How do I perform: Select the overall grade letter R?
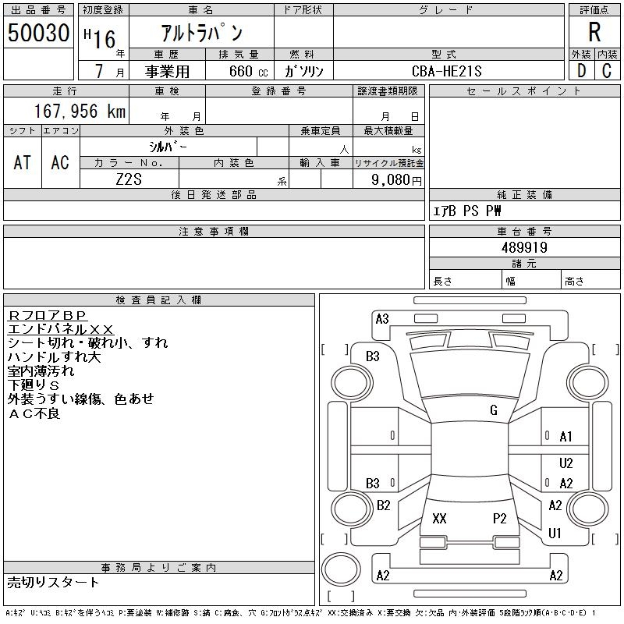[594, 33]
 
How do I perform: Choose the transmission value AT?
[23, 162]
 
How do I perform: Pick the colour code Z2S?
[129, 179]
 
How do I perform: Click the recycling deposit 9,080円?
[397, 179]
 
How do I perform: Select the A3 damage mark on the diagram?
[382, 318]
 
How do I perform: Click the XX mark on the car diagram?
[439, 519]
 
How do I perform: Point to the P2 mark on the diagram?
[500, 519]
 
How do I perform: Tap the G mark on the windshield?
[494, 410]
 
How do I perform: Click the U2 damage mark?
[566, 463]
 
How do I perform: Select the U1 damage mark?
[555, 534]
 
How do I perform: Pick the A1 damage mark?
[566, 437]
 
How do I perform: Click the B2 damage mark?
[383, 505]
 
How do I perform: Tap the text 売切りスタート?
[54, 582]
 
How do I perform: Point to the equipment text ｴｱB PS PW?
[467, 211]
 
